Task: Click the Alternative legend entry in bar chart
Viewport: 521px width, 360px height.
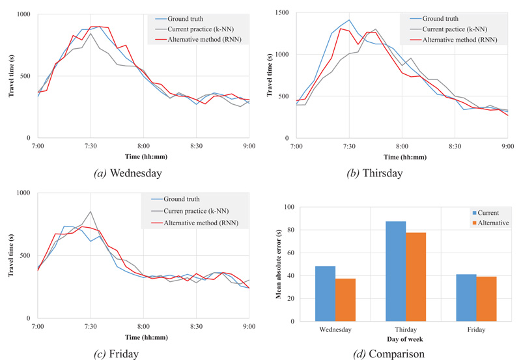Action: pyautogui.click(x=490, y=223)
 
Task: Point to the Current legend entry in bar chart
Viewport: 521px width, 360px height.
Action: pyautogui.click(x=486, y=213)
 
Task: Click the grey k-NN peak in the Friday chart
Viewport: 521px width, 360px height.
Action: pyautogui.click(x=91, y=211)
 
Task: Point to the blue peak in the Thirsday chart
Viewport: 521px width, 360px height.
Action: pyautogui.click(x=349, y=20)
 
